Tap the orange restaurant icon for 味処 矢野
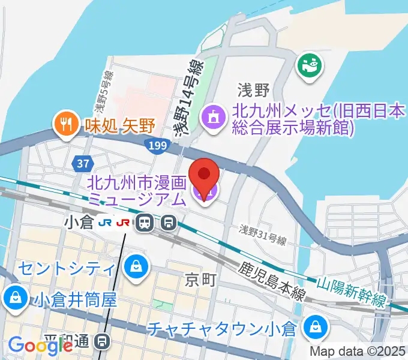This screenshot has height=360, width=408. point(64,124)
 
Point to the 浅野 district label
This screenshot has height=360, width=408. point(253,91)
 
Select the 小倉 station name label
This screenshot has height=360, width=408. point(79,223)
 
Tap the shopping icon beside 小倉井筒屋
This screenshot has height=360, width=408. point(13,296)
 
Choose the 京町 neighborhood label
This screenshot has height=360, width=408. point(199,279)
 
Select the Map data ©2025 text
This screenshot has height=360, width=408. point(358,351)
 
